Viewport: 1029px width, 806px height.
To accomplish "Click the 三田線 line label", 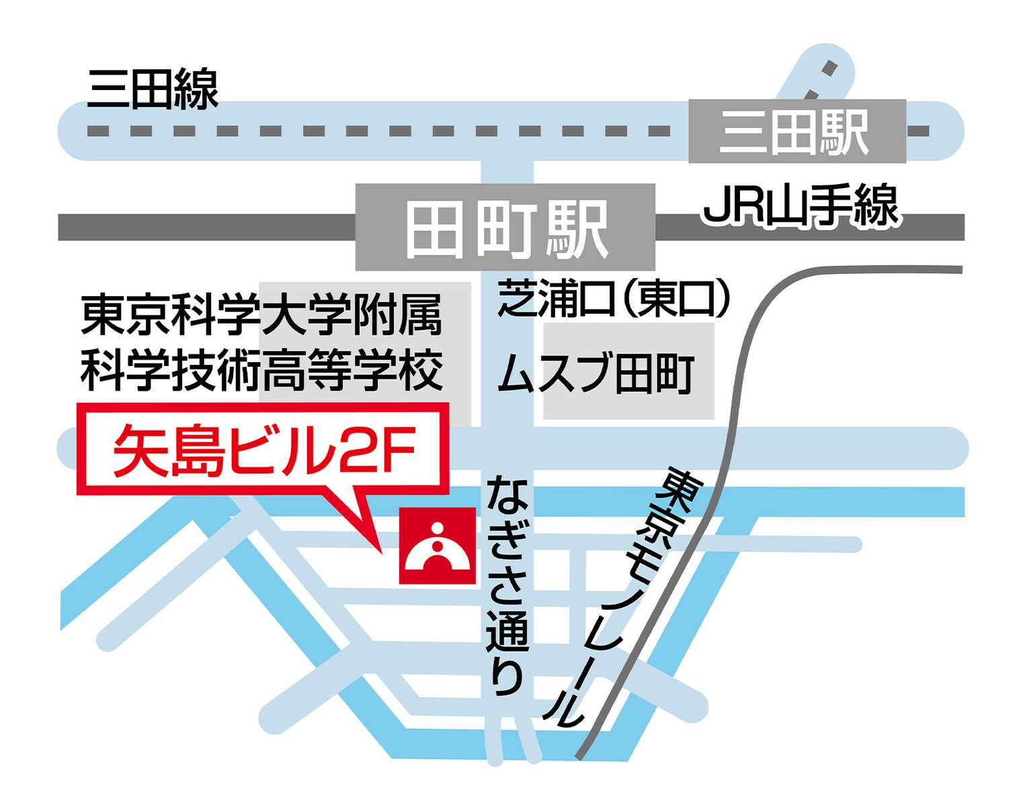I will click(x=153, y=89).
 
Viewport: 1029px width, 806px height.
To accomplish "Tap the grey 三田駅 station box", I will click(x=796, y=132).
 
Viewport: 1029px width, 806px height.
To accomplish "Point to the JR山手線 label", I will click(x=800, y=206).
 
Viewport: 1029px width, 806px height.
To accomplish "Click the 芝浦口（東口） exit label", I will click(x=613, y=299).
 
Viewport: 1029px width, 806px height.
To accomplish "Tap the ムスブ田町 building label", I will click(x=595, y=373).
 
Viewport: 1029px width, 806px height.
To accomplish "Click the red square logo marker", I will click(x=438, y=545).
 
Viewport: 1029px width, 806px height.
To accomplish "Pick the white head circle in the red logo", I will click(x=438, y=529).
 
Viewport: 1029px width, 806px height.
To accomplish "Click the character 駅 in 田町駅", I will click(x=577, y=230).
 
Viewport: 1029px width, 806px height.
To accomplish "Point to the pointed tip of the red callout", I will click(x=381, y=552).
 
